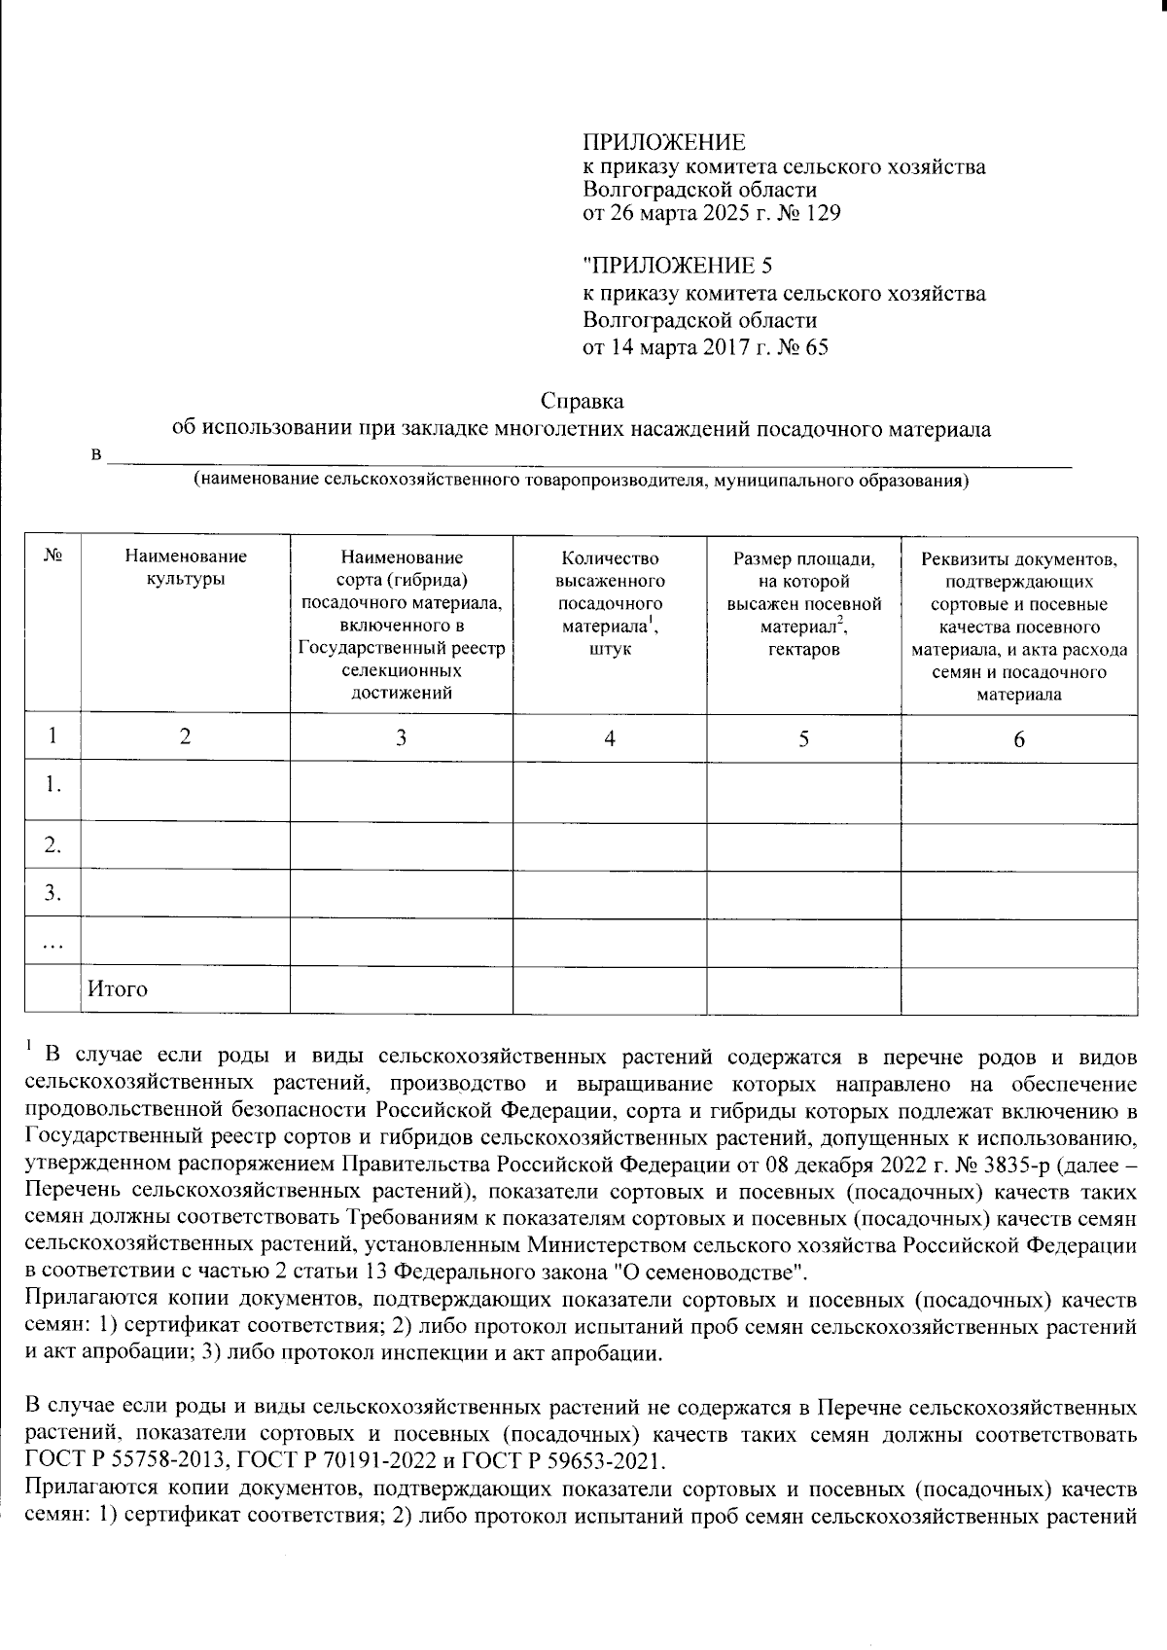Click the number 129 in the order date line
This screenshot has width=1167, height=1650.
[x=823, y=213]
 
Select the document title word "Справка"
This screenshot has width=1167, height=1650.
[x=582, y=401]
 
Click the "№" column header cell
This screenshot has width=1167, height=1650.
[x=53, y=556]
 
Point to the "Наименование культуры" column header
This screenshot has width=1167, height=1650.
[x=185, y=567]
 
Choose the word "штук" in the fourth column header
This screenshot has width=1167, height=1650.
[x=610, y=648]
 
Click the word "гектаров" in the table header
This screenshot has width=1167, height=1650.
[x=803, y=648]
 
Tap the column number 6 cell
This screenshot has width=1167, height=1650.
[x=1019, y=739]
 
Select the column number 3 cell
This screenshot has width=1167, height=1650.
[x=401, y=738]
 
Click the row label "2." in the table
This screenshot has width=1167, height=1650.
[x=53, y=846]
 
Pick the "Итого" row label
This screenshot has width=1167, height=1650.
[x=118, y=989]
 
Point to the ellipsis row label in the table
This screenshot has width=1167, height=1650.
[x=53, y=942]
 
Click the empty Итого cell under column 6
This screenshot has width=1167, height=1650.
[x=1019, y=989]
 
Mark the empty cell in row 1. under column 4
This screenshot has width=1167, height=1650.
[x=610, y=792]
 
